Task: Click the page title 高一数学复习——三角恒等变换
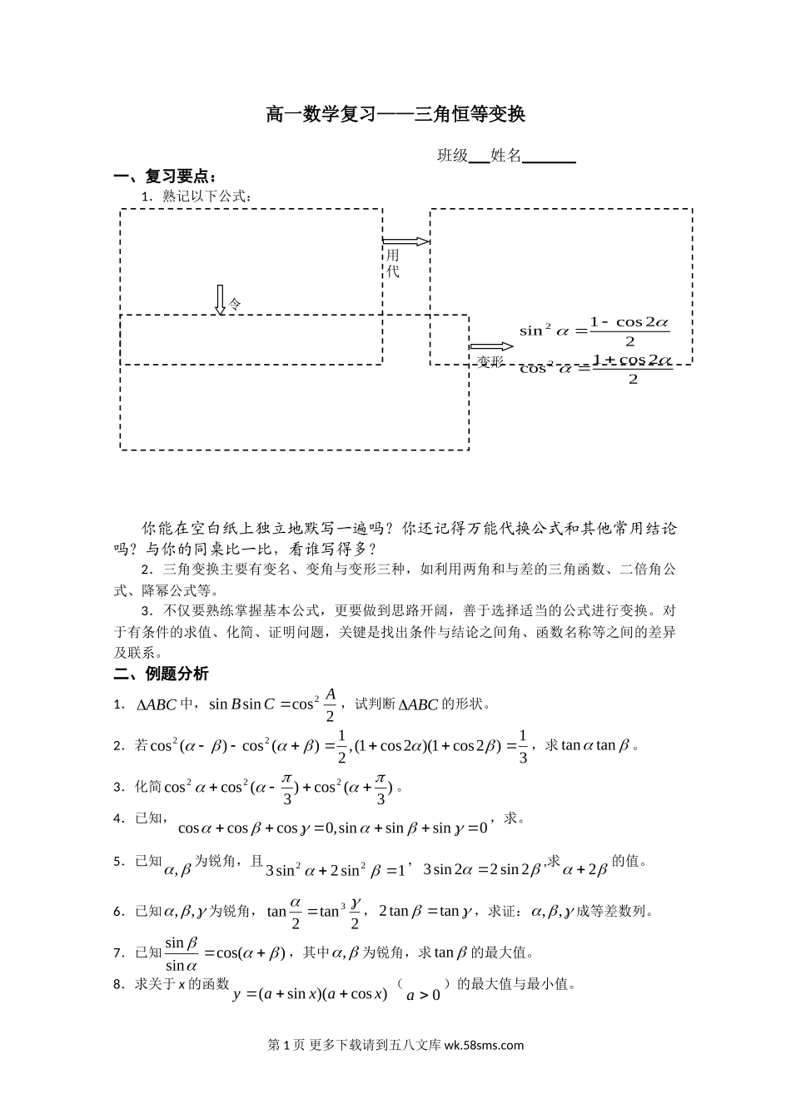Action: (395, 114)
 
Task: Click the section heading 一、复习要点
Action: (166, 177)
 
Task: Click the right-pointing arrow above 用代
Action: (406, 241)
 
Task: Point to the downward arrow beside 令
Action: (221, 300)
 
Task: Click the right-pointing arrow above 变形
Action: (491, 346)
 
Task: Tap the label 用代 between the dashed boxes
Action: (393, 264)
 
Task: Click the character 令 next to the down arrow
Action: (236, 305)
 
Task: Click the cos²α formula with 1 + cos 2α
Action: (594, 369)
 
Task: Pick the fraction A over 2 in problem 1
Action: (330, 704)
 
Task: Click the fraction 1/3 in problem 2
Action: (523, 745)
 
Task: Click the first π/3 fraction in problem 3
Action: (287, 787)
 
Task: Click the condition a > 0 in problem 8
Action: (424, 994)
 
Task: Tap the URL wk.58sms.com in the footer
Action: (485, 1046)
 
